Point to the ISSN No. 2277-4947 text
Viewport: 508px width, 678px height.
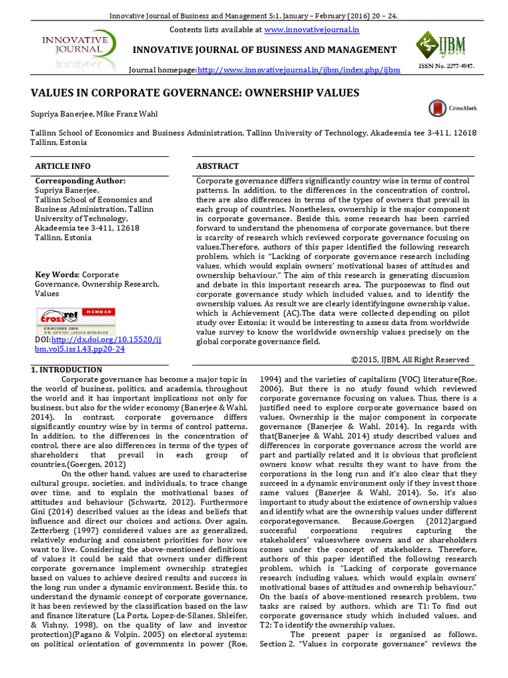point(446,67)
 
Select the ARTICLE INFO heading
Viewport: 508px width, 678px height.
point(63,166)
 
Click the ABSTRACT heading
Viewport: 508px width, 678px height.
point(218,166)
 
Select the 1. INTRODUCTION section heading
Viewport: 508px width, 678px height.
point(67,369)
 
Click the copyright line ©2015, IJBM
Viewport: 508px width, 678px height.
point(410,359)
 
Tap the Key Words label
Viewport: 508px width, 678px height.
point(57,274)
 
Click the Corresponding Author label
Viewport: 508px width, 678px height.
point(80,181)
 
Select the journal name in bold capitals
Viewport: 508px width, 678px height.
point(265,50)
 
